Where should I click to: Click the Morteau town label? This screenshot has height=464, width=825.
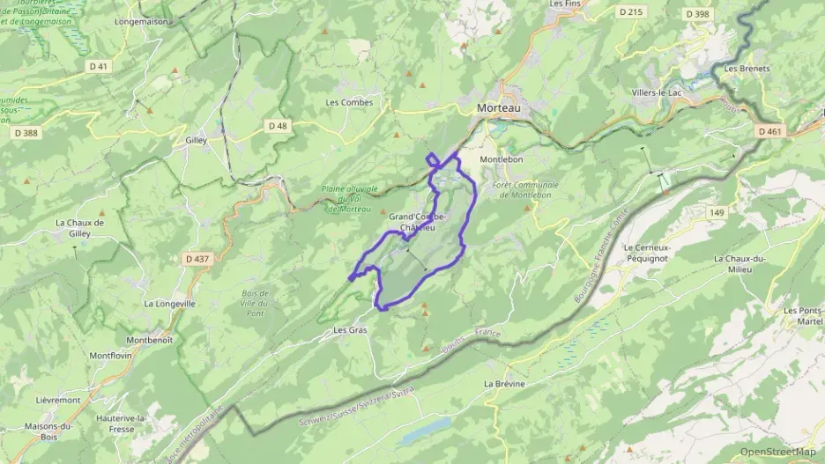point(498,107)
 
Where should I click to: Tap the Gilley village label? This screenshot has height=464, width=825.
point(196,140)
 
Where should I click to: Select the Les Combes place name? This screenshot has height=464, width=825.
point(349,102)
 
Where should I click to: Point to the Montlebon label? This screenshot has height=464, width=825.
point(502,159)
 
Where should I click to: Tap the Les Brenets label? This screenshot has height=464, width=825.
point(747,68)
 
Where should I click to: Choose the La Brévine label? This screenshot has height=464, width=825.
point(504,384)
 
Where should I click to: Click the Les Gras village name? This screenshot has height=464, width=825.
point(350,330)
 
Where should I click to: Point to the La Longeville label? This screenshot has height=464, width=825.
point(169,303)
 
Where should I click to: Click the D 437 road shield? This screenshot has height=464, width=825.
point(197,259)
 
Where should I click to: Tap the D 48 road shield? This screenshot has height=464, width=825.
point(278,126)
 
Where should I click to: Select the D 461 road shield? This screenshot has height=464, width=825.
point(769,131)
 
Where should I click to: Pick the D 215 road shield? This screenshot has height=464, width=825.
point(630,11)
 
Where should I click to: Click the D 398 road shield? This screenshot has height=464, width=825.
point(696,13)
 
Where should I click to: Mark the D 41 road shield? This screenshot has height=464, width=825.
point(98,66)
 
